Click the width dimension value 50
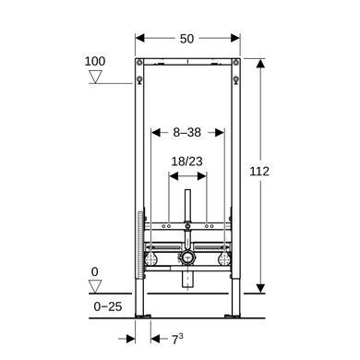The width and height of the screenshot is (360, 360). tap(186, 39)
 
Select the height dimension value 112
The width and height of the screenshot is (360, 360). tap(259, 172)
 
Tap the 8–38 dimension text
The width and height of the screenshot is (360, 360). tap(186, 133)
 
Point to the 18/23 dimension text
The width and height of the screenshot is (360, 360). tap(186, 162)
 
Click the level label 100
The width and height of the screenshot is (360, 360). tap(95, 61)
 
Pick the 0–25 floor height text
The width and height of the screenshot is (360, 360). tap(108, 306)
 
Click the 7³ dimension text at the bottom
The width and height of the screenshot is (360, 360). tap(177, 339)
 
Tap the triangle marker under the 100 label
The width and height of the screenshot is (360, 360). tap(95, 77)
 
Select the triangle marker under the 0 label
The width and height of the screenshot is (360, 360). tap(95, 286)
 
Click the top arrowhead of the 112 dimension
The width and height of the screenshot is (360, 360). tap(260, 64)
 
